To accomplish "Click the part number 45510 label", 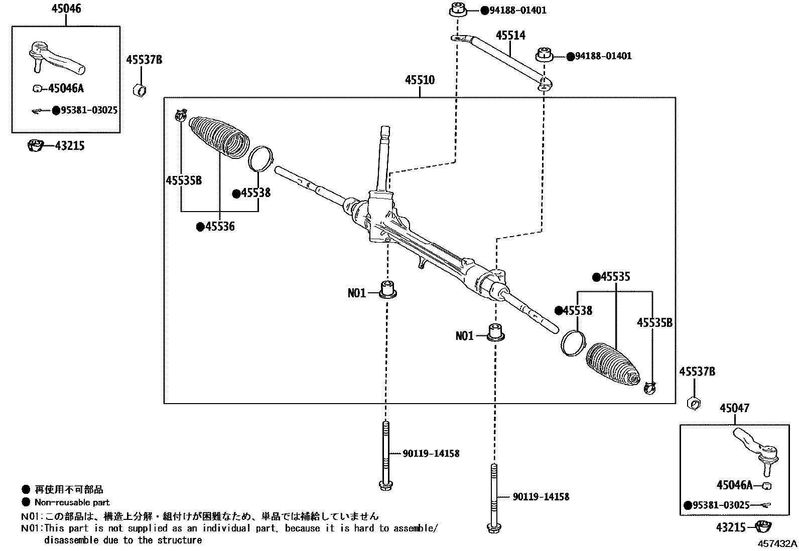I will tap(420, 80).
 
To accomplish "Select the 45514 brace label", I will tap(510, 36).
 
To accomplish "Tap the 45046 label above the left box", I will tap(66, 9).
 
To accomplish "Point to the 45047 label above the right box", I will tap(734, 409).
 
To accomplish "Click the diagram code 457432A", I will tap(777, 543).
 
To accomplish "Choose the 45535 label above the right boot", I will tap(615, 277).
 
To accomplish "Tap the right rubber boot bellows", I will tap(612, 364).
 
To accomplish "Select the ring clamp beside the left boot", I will tap(261, 157).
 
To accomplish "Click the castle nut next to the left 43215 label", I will tap(36, 146).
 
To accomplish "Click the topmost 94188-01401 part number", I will tap(517, 11).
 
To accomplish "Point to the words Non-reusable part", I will tap(72, 502).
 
